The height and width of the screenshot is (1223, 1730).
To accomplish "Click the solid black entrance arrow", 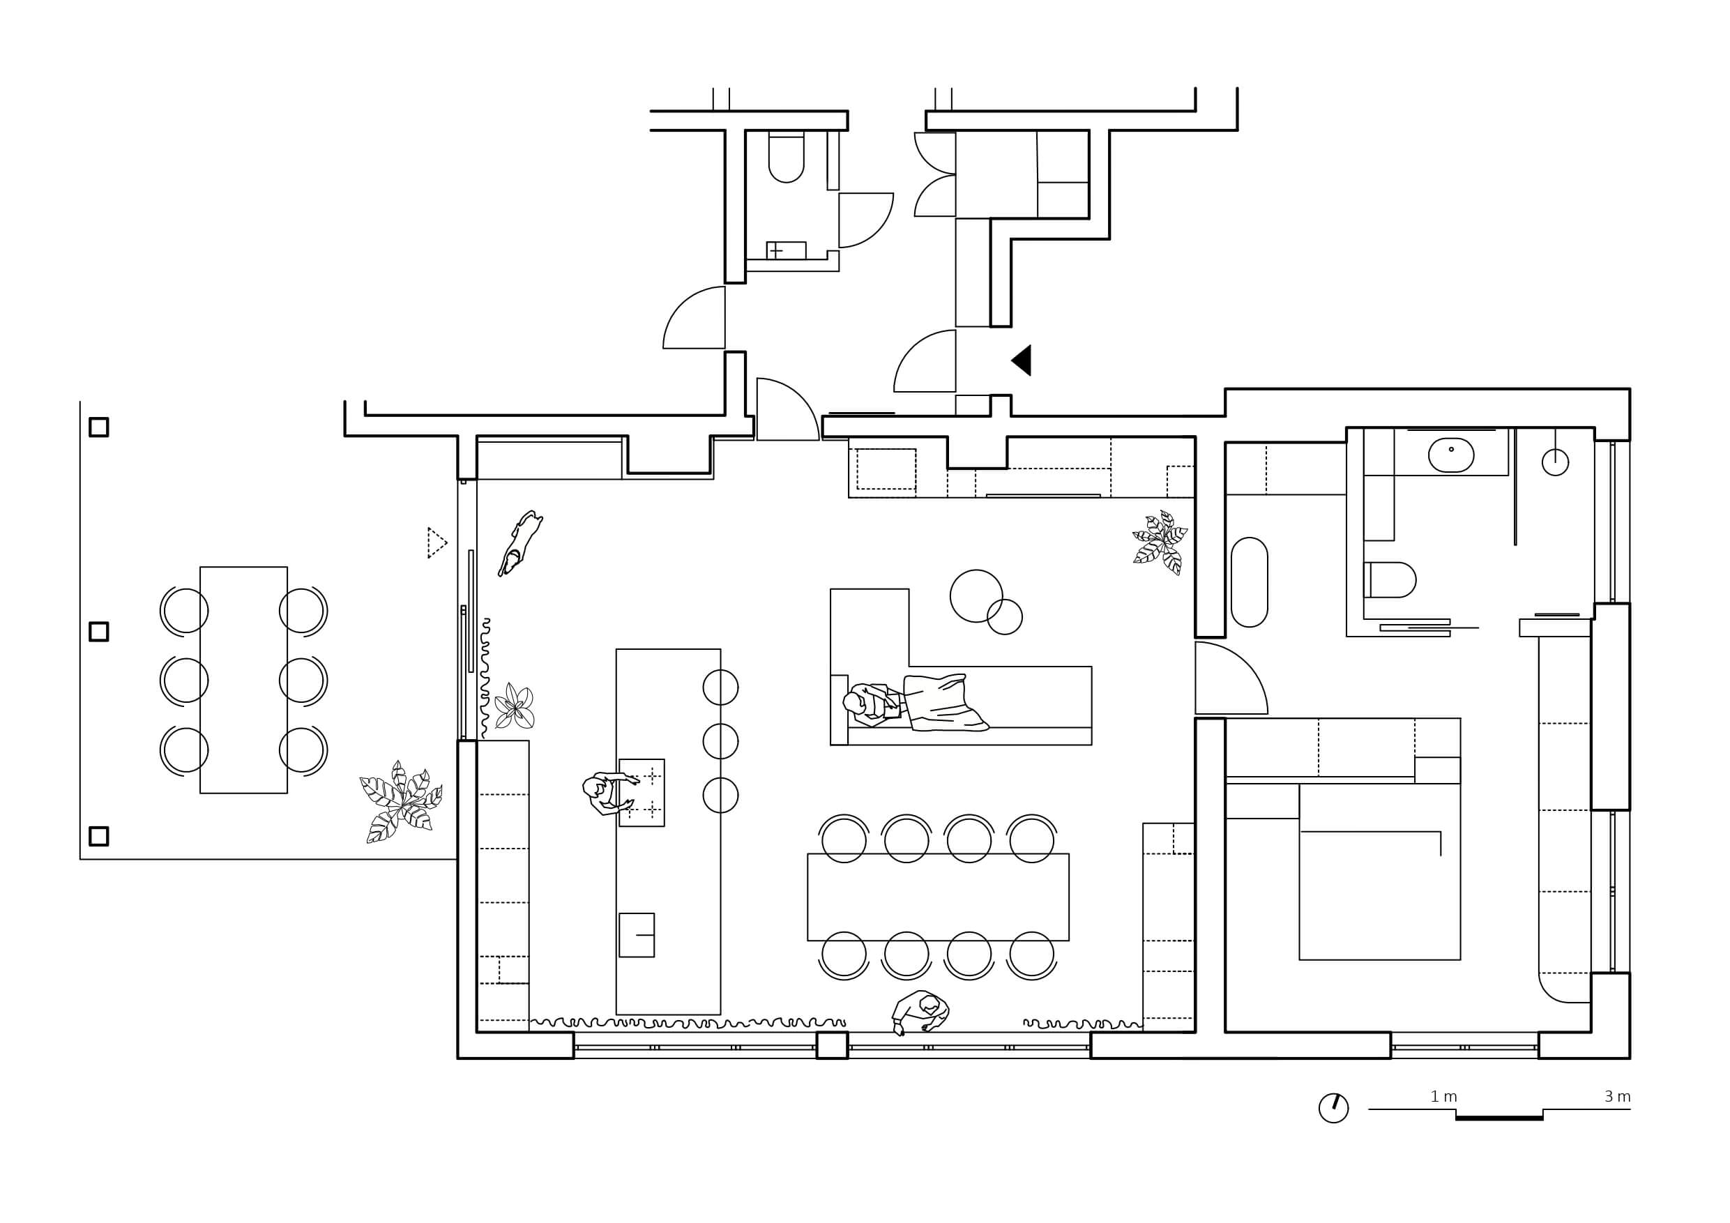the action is (x=1022, y=360).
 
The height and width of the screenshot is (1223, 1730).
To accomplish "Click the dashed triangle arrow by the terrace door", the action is (x=437, y=542).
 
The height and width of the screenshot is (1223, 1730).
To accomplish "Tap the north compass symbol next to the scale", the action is (x=1334, y=1109).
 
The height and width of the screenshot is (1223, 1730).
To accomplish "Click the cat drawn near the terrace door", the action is (x=520, y=542).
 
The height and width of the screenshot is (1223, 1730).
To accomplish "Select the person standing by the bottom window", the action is (x=920, y=1012).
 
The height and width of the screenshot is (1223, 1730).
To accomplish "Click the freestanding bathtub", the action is (x=1250, y=582).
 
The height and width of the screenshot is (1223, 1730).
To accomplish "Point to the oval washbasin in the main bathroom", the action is (x=1451, y=455).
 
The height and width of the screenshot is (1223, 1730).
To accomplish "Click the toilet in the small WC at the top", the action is (x=786, y=158).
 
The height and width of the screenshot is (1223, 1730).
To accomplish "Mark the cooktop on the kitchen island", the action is (x=642, y=793).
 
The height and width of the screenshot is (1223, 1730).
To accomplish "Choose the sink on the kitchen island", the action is (x=637, y=935).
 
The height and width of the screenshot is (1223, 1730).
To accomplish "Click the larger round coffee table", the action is (x=976, y=596).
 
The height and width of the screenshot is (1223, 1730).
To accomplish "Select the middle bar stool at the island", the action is (x=720, y=741).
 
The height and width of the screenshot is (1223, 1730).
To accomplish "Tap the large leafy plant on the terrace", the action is (x=401, y=802).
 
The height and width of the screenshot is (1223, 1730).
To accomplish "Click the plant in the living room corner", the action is (x=1160, y=542).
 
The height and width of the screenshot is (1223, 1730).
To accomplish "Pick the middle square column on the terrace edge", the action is (x=99, y=632).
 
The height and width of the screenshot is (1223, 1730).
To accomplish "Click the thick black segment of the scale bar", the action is (x=1499, y=1118).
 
